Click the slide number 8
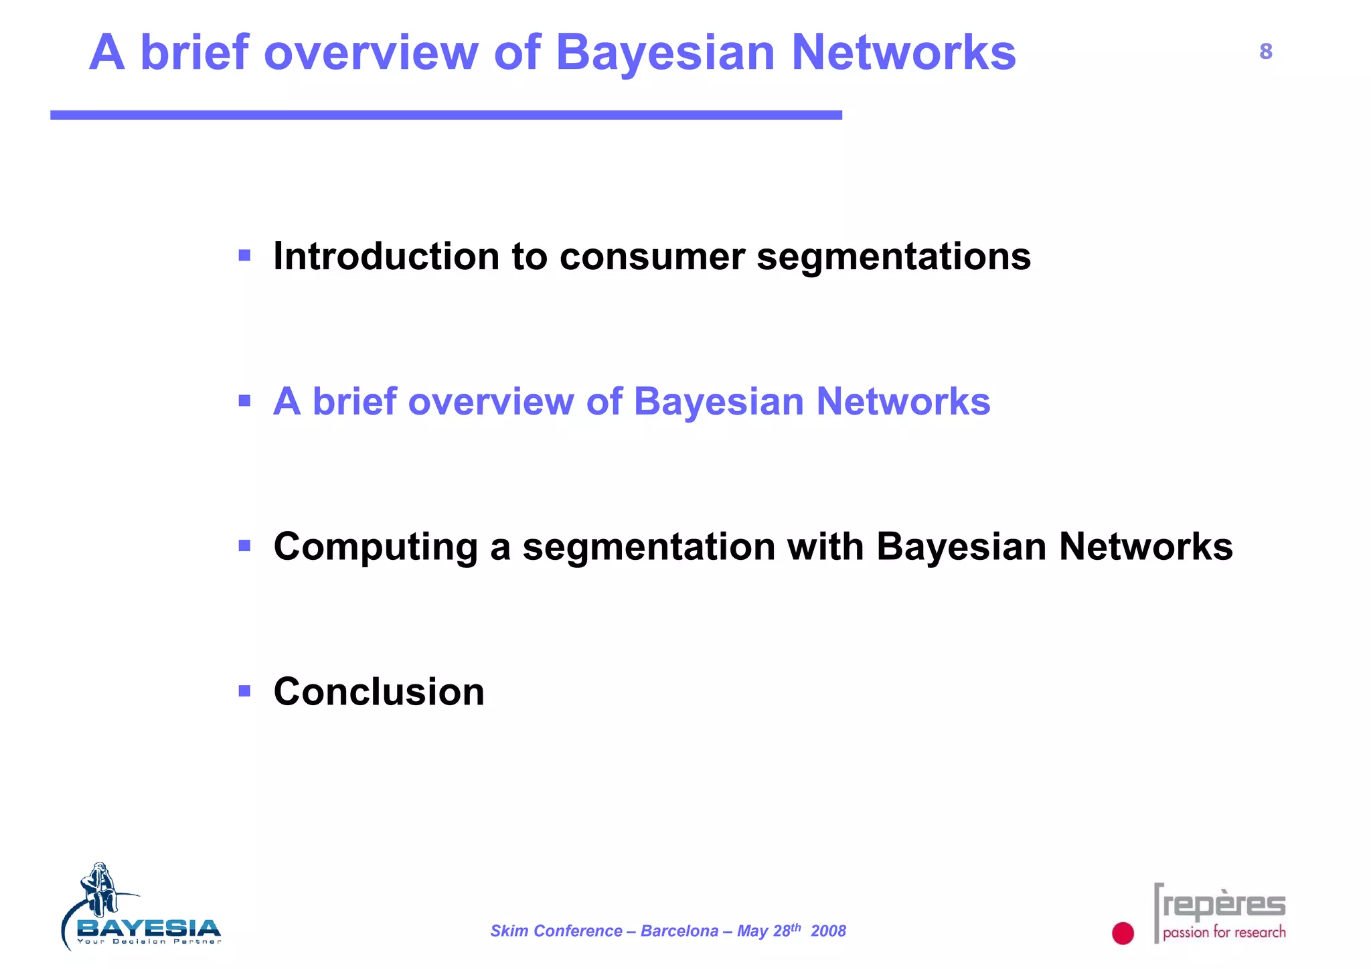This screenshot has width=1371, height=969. (1265, 52)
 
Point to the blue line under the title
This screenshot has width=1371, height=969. (446, 115)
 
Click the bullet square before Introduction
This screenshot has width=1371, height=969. (244, 255)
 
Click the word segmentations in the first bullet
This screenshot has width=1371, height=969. (894, 257)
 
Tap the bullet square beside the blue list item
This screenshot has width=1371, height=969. (244, 400)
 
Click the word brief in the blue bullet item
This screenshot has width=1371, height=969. (355, 402)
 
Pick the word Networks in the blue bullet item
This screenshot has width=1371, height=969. (903, 402)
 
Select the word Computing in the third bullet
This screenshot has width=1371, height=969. (376, 547)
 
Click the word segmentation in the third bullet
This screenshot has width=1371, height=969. (649, 547)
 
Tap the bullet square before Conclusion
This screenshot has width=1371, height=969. (244, 690)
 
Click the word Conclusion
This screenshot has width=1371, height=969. (379, 692)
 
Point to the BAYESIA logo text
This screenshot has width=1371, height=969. (149, 928)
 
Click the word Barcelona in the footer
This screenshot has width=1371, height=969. (679, 931)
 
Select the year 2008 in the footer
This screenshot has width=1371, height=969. (828, 931)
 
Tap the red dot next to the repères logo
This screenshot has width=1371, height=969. (1123, 933)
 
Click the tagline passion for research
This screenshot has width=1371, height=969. (1224, 932)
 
